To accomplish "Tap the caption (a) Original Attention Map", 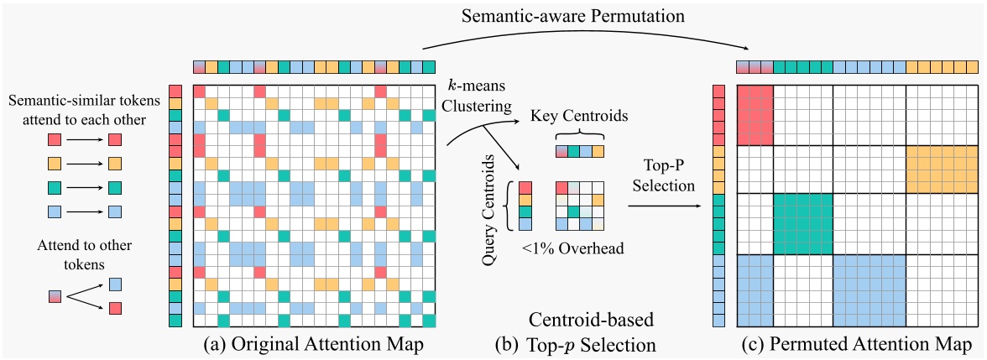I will [313, 343].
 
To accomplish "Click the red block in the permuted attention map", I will [755, 114].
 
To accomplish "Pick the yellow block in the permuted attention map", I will [937, 169].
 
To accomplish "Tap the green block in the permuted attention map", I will [802, 223].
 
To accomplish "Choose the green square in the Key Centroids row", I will [573, 152].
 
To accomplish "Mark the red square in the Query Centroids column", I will [525, 188].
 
